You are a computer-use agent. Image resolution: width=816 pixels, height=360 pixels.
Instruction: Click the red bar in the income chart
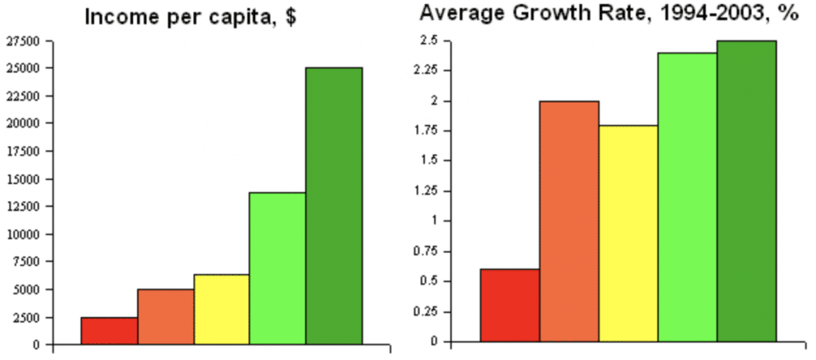[x=108, y=331]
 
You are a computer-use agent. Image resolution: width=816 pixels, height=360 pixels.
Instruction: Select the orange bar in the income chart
[x=165, y=317]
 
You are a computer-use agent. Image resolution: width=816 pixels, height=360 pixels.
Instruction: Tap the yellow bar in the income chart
[x=222, y=309]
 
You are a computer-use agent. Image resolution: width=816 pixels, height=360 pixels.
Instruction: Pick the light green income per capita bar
[x=277, y=268]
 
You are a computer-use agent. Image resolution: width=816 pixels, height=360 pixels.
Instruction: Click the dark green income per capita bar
[x=334, y=206]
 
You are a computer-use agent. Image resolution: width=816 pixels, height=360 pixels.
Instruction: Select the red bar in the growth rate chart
[x=510, y=305]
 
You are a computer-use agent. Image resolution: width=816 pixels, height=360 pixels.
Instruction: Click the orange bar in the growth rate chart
[x=569, y=221]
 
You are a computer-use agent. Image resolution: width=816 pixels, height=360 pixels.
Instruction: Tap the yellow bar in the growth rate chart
[x=628, y=233]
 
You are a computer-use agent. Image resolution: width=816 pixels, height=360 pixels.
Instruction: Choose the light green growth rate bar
[x=687, y=197]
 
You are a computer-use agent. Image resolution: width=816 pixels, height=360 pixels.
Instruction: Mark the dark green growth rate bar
[x=747, y=191]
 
